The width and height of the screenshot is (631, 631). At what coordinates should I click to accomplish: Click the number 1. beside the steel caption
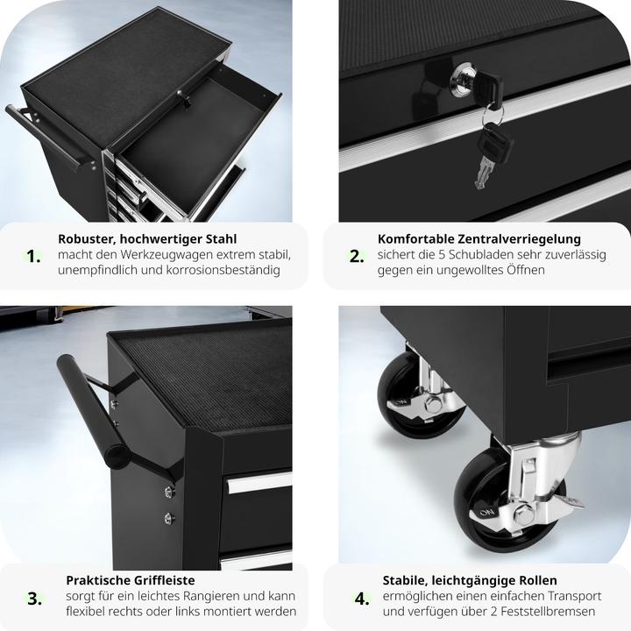[x=33, y=256]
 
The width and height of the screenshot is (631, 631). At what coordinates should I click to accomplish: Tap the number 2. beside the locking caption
[x=356, y=256]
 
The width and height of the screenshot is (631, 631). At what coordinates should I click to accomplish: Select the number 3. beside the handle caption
[x=34, y=599]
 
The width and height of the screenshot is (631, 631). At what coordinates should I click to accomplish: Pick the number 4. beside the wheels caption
[x=362, y=599]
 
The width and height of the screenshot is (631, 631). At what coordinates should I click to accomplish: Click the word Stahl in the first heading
[x=222, y=238]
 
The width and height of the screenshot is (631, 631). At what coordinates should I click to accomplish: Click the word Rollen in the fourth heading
[x=538, y=580]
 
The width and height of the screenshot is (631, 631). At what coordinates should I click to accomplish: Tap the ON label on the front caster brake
[x=486, y=513]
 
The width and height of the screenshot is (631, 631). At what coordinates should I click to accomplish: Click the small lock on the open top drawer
[x=184, y=97]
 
